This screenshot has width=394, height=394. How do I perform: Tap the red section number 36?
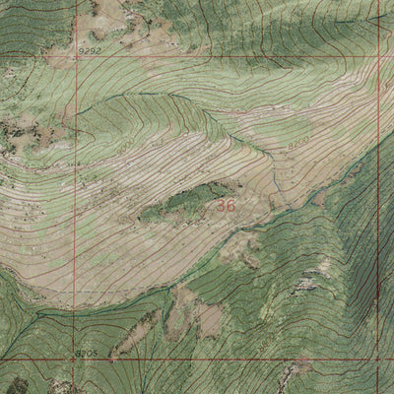tap(226, 207)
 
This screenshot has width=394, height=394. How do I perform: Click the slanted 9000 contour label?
tap(127, 146)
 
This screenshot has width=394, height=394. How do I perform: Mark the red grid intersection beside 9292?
tap(74, 56)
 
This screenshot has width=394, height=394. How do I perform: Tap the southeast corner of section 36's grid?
tap(378, 359)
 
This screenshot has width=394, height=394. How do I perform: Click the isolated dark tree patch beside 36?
tap(182, 201)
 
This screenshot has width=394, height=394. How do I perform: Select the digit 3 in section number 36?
tap(221, 207)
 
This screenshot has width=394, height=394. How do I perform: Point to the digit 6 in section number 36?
tap(230, 207)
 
